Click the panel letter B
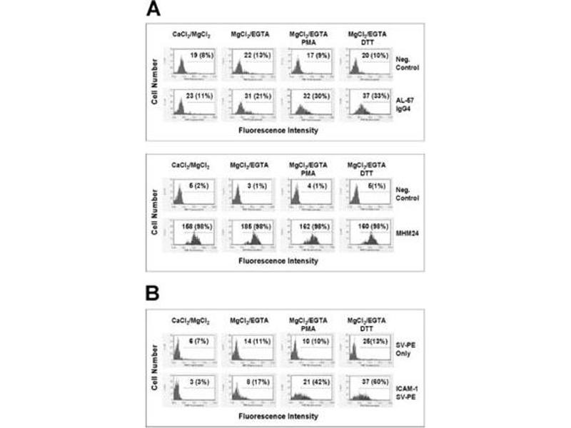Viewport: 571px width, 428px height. pyautogui.click(x=154, y=292)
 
